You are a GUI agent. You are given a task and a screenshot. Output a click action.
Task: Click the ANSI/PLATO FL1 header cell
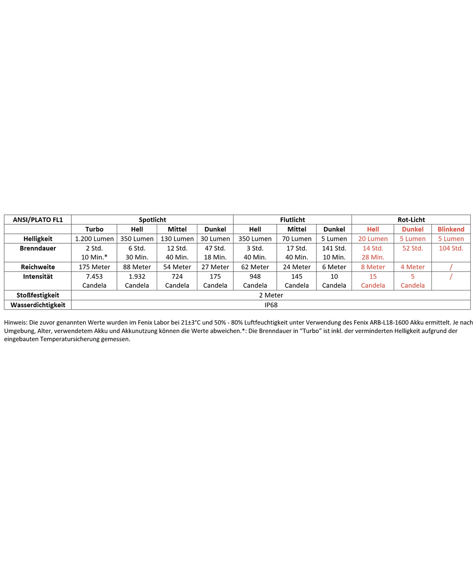click(x=38, y=220)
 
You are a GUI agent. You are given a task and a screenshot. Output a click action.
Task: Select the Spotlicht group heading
click(x=152, y=220)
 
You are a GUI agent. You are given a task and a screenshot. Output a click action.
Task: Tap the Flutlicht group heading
click(x=292, y=220)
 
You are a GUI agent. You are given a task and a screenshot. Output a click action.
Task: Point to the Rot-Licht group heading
click(x=411, y=220)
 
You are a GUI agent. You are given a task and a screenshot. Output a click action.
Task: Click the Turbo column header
click(x=94, y=229)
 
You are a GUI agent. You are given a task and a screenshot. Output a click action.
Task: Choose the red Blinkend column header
click(x=451, y=229)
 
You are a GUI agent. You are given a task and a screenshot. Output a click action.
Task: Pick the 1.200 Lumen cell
click(x=94, y=239)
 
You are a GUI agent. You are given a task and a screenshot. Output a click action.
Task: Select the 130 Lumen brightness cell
click(x=177, y=239)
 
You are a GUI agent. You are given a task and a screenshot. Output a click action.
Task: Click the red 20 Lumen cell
click(x=373, y=239)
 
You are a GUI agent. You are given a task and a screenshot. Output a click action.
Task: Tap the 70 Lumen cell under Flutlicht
click(x=297, y=239)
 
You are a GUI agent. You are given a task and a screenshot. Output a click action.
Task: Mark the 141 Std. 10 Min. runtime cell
click(x=334, y=252)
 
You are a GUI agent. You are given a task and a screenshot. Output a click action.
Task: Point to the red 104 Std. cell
click(x=451, y=248)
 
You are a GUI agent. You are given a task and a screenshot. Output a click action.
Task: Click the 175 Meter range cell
click(x=94, y=267)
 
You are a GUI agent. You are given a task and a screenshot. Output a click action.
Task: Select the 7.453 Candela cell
click(x=94, y=281)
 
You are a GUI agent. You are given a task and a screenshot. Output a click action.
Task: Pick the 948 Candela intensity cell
click(x=255, y=281)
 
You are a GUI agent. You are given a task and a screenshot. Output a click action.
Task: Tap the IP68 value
click(x=271, y=305)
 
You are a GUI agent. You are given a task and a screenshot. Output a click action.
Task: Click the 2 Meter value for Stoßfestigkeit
click(x=271, y=295)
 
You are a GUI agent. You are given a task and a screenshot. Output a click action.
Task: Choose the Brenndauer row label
click(x=38, y=248)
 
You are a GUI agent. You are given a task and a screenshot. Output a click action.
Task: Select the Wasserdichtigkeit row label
click(x=38, y=305)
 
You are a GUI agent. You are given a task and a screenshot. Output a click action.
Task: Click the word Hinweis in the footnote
click(x=15, y=322)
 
